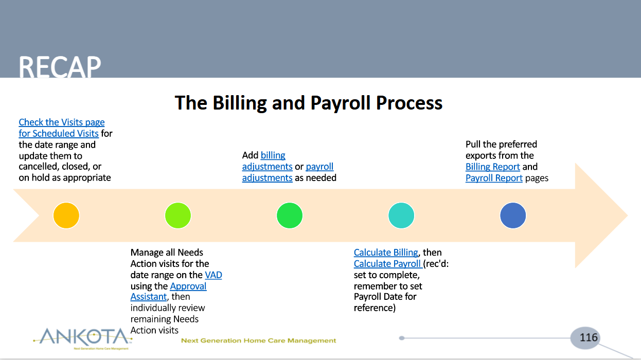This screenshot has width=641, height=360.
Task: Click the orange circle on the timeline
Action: tap(66, 215)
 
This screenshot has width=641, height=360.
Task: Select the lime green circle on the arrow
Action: tap(177, 215)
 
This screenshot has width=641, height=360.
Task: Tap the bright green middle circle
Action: tap(289, 215)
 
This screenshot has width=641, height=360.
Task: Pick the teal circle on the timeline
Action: tap(401, 215)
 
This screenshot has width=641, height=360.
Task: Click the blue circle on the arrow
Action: tap(513, 215)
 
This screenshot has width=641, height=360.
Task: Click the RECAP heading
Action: tap(60, 67)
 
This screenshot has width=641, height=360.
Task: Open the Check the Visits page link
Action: tap(62, 122)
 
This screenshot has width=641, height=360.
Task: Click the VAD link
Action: tap(213, 275)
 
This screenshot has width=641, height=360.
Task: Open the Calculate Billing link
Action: tap(386, 253)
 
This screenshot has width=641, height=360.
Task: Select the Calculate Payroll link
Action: tap(388, 263)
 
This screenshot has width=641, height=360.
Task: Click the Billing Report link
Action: tap(492, 167)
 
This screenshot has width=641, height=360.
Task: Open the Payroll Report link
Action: tap(494, 178)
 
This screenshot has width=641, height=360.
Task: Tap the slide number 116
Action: tap(589, 337)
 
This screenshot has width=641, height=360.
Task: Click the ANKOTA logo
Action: tap(83, 338)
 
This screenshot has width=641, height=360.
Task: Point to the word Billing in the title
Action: tap(240, 103)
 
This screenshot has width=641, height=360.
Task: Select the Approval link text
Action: tap(188, 286)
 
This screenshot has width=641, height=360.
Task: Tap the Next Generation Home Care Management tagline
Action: tap(258, 340)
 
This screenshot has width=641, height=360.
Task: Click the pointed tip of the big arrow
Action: tap(628, 215)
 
